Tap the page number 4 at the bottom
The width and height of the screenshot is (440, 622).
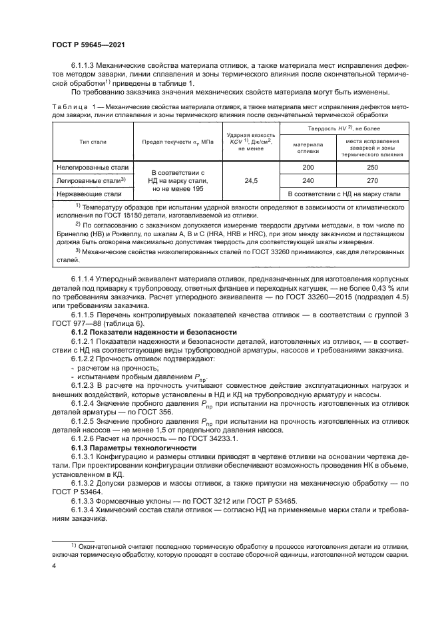click(x=54, y=567)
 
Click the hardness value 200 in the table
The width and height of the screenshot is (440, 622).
click(x=308, y=169)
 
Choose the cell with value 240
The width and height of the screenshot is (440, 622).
click(x=308, y=180)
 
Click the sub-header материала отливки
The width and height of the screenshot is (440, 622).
click(x=308, y=147)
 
